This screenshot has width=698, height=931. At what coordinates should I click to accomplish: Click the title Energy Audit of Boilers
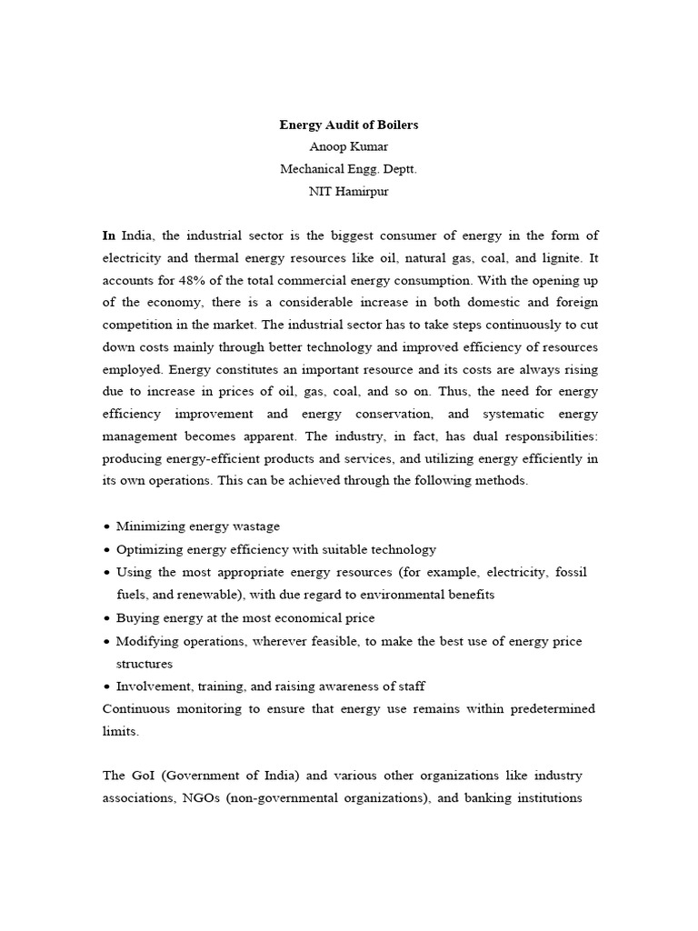coord(349,125)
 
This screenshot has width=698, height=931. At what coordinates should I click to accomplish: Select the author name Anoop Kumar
coord(349,146)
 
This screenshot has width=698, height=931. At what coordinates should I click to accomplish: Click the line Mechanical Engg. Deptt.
coord(349,168)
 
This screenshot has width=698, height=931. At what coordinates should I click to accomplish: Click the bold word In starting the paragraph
coord(109,235)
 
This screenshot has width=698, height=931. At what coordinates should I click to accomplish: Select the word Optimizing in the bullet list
coord(149,549)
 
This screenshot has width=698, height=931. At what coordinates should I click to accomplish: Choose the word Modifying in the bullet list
coord(148,641)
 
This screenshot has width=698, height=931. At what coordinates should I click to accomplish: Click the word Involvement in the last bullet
coord(152,686)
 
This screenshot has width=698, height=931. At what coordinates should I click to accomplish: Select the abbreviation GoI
coord(143,776)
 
